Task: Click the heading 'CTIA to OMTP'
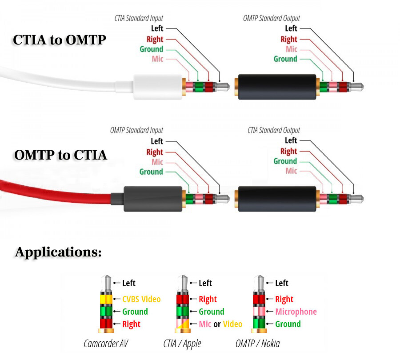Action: click(x=59, y=40)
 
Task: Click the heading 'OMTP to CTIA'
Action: click(x=60, y=155)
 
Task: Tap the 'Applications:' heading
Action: click(x=58, y=252)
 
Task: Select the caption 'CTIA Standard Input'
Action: click(x=139, y=18)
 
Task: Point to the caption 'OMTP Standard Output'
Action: click(x=271, y=18)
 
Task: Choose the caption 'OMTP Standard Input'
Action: click(x=136, y=131)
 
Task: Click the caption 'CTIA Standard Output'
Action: click(x=273, y=131)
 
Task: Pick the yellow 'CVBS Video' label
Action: click(x=141, y=299)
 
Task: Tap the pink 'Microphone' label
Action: click(x=296, y=312)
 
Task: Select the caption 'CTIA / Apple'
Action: click(x=182, y=344)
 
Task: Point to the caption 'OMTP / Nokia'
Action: click(x=258, y=344)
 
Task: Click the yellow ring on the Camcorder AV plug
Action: click(x=106, y=299)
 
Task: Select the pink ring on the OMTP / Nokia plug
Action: click(x=259, y=312)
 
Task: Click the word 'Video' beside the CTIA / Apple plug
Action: click(x=233, y=324)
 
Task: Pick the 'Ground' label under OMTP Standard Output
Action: click(x=285, y=59)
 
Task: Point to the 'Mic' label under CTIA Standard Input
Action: click(x=158, y=59)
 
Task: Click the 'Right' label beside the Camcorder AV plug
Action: click(x=131, y=324)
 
